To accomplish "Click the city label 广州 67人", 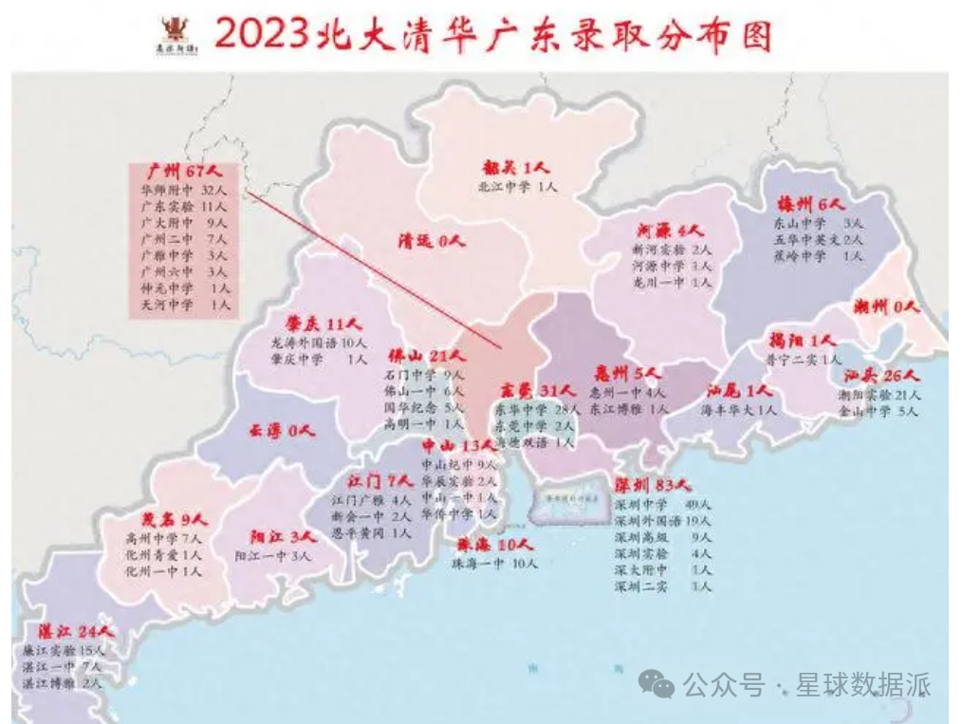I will click(184, 172).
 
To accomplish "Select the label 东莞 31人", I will click(538, 390).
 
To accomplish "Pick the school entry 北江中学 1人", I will click(518, 187).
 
